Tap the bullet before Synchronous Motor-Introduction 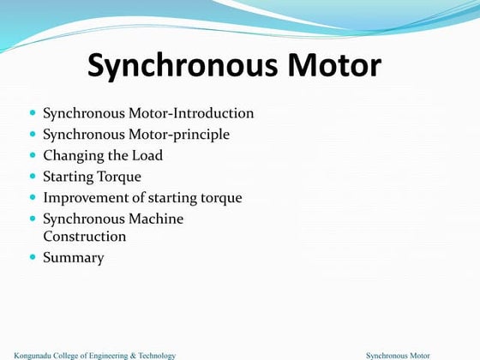click(x=33, y=113)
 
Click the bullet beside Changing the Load click(x=33, y=156)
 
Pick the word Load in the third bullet click(x=147, y=156)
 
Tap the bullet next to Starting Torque click(x=33, y=177)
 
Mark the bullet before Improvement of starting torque click(x=33, y=198)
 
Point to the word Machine click(x=157, y=219)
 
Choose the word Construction click(x=85, y=236)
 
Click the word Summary click(x=74, y=257)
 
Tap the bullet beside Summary click(x=33, y=257)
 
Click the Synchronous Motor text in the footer click(x=398, y=355)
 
